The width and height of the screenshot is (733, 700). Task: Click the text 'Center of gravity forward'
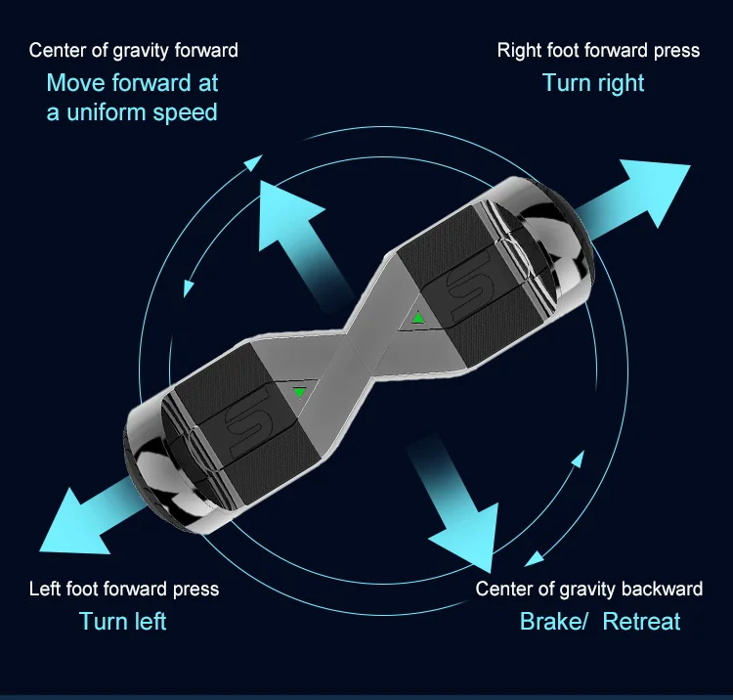[x=133, y=50]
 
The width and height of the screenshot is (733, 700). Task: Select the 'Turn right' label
[x=593, y=83]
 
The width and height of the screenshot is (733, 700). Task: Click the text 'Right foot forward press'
[x=598, y=50]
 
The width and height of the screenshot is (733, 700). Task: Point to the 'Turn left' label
[x=123, y=621]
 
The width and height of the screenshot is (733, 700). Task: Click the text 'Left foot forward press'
[x=124, y=589]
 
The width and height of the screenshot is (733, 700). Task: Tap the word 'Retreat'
[x=641, y=621]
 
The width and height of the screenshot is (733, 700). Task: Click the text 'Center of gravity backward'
[x=588, y=589]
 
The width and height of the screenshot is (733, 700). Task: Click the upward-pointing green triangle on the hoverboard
[x=418, y=318]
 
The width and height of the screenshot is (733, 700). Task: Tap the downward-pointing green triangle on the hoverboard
[x=299, y=393]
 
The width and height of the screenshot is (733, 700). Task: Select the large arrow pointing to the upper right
[x=645, y=196]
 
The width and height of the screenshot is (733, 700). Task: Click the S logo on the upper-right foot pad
[x=470, y=284]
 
